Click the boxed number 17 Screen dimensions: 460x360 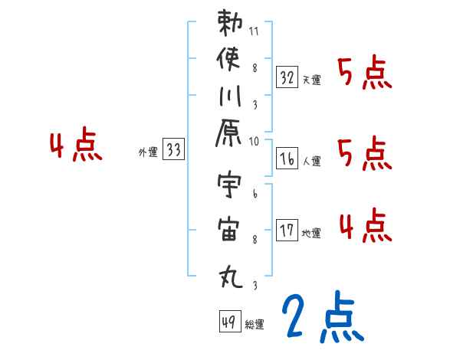point(287,230)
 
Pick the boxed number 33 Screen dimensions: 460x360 point(173,150)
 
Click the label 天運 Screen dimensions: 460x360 point(310,80)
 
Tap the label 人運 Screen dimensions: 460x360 point(310,161)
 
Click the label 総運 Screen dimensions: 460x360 point(254,325)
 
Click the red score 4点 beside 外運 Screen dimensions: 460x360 point(75,146)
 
